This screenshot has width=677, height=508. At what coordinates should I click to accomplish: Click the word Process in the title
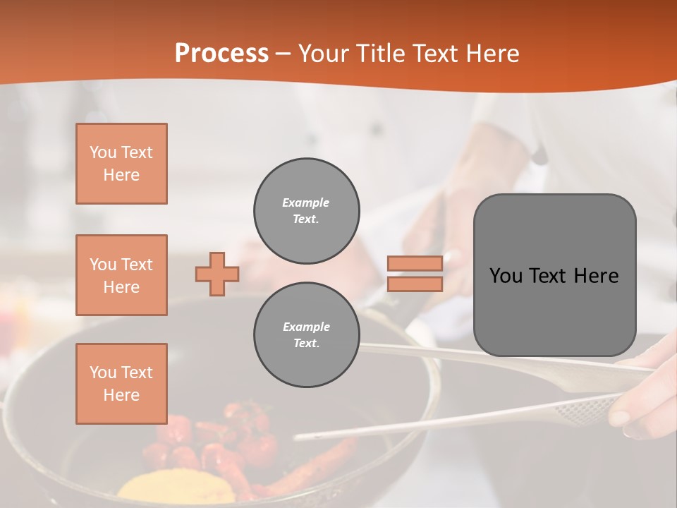[221, 54]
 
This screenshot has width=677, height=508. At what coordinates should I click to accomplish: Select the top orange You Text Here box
[121, 164]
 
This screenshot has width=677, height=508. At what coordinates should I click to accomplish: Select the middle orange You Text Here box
[121, 275]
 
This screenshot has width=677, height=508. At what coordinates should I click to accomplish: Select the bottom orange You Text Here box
[121, 384]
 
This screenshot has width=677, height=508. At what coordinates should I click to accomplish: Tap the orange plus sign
[217, 274]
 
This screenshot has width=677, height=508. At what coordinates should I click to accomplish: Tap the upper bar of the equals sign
[415, 263]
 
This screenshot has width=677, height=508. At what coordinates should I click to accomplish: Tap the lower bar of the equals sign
[415, 284]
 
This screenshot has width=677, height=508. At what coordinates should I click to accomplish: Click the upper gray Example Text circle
[307, 211]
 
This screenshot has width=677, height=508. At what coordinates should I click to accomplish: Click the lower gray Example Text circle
[307, 335]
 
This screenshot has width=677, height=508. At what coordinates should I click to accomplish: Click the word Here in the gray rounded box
[596, 276]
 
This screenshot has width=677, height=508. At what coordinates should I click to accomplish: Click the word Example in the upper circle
[306, 202]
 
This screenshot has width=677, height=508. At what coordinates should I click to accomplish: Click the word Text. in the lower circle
[306, 344]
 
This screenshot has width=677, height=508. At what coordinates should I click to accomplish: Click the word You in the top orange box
[102, 152]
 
